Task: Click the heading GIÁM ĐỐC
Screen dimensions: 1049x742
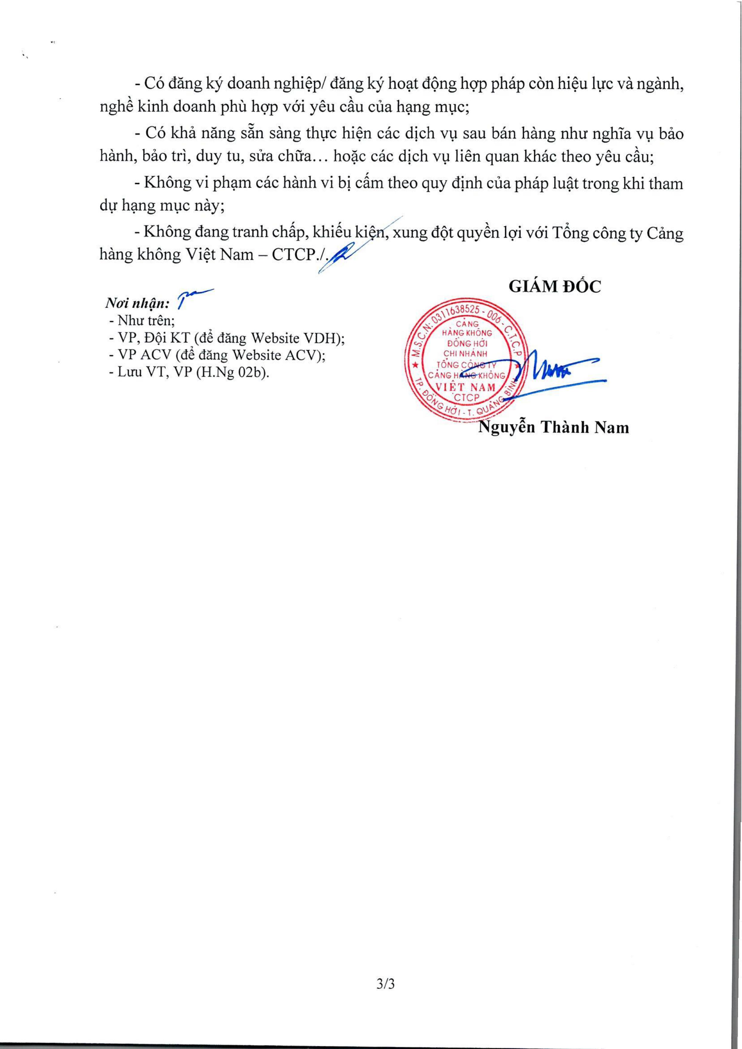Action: point(554,286)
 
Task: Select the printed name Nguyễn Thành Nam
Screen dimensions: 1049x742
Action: point(553,427)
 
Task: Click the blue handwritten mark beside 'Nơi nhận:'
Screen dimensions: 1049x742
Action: point(194,296)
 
